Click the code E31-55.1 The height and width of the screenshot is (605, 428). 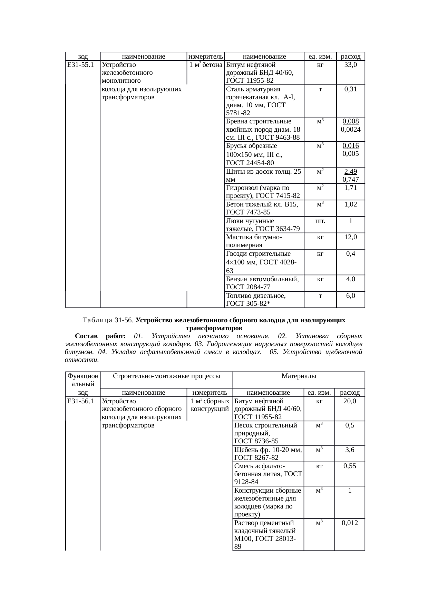pos(81,64)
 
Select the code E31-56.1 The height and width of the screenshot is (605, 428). pos(81,401)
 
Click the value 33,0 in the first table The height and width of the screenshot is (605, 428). pos(350,64)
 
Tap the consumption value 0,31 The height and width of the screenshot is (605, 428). pos(350,89)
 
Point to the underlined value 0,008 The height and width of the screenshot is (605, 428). pos(350,121)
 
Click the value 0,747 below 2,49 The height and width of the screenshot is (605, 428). pos(350,179)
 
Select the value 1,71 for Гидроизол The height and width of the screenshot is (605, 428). pos(350,188)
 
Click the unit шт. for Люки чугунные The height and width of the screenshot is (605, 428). pos(320,221)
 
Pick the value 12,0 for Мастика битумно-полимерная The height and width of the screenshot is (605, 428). pos(350,237)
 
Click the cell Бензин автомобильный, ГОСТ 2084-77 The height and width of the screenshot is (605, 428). pos(262,283)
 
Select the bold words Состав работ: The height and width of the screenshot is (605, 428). pos(100,336)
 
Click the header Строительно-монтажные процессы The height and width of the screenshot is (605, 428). pos(166,376)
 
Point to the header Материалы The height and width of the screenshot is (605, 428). pos(299,376)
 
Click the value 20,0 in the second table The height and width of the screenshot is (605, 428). pos(350,401)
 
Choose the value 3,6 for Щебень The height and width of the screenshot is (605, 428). pos(350,450)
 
